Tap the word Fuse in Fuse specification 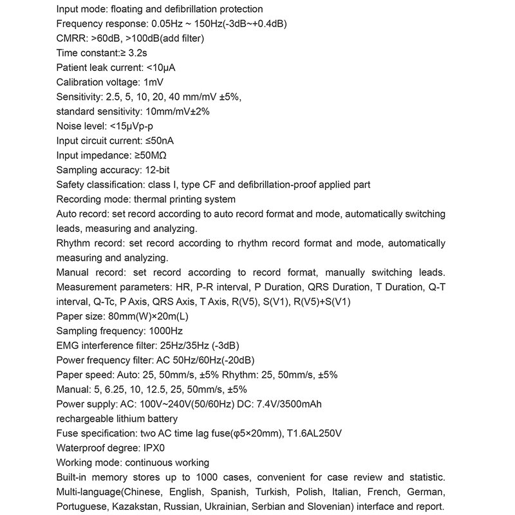pyautogui.click(x=67, y=433)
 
